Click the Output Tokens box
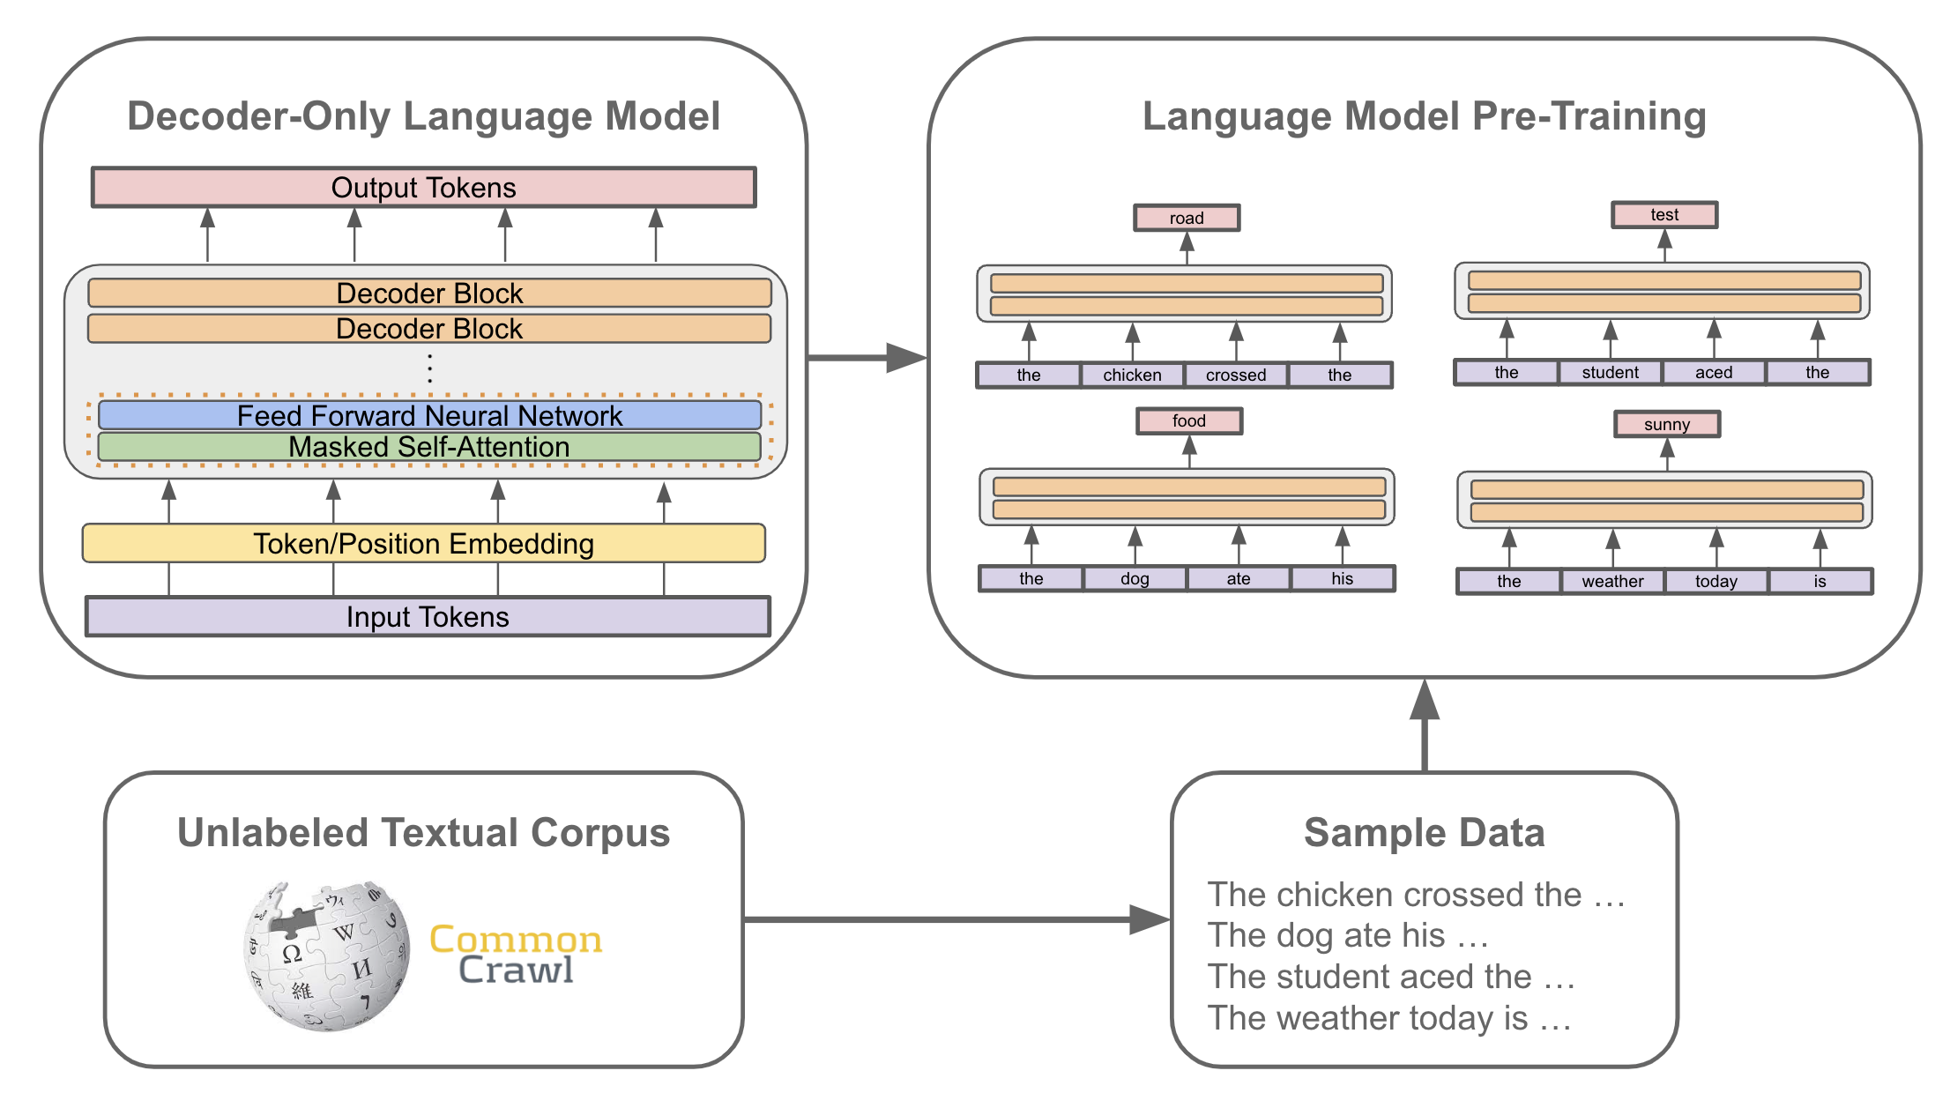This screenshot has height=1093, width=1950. point(423,188)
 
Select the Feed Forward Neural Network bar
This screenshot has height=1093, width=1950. point(429,415)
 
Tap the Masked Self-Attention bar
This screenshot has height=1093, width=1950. point(429,447)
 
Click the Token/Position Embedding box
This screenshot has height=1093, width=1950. point(423,544)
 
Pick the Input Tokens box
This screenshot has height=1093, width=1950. point(428,617)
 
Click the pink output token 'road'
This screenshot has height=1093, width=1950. point(1187,218)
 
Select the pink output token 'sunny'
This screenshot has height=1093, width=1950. point(1666,424)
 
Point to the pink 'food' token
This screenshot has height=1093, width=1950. point(1188,421)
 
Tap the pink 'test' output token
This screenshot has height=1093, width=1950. point(1663,215)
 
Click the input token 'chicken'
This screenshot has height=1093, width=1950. point(1132,375)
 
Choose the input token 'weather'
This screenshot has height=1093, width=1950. point(1611,582)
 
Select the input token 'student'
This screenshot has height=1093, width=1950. point(1610,373)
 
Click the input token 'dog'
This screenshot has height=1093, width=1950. point(1135,579)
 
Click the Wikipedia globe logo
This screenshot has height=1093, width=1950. point(327,955)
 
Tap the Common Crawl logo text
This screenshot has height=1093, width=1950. point(516,955)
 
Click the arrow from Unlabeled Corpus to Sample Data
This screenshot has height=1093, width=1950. point(952,920)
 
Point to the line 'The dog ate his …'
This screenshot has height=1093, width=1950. point(1348,936)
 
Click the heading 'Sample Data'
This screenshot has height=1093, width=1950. point(1424,833)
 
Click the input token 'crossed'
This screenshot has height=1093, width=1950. point(1236,375)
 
